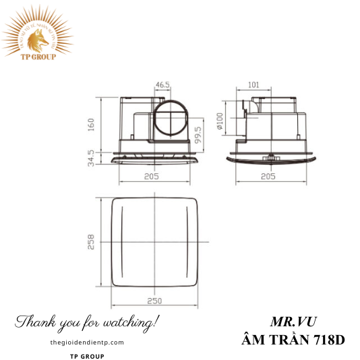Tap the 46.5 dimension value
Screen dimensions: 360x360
tap(162, 86)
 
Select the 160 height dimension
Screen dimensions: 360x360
tap(91, 125)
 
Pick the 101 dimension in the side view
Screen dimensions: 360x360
tap(253, 85)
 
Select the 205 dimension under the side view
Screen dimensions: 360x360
tap(268, 177)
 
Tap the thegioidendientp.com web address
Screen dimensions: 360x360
tap(88, 342)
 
